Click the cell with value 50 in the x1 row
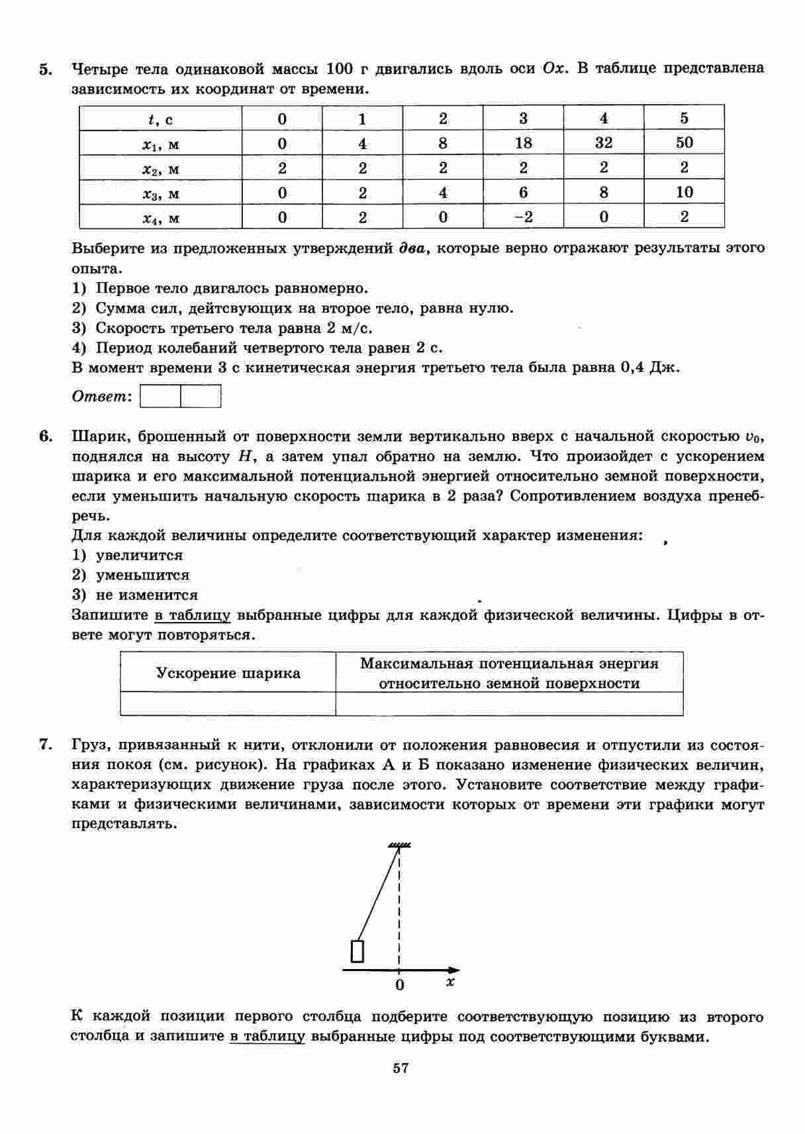coord(684,143)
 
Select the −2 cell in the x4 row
coord(523,217)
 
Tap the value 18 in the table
coord(523,143)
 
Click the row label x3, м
coord(161,193)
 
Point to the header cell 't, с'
coord(161,119)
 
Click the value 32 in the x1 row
coord(603,143)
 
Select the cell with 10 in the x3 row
coord(684,193)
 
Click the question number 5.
coord(45,70)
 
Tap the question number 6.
coord(45,437)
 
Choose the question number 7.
coord(45,745)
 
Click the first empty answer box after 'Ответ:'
coord(161,397)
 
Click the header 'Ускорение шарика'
coord(228,673)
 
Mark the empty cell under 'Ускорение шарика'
coord(228,703)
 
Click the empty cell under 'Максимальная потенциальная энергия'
coord(509,703)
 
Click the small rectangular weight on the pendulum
coord(357,951)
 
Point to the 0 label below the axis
coord(399,985)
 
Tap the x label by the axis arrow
coord(450,982)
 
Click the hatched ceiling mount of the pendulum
coord(399,845)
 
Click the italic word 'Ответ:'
coord(101,397)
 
